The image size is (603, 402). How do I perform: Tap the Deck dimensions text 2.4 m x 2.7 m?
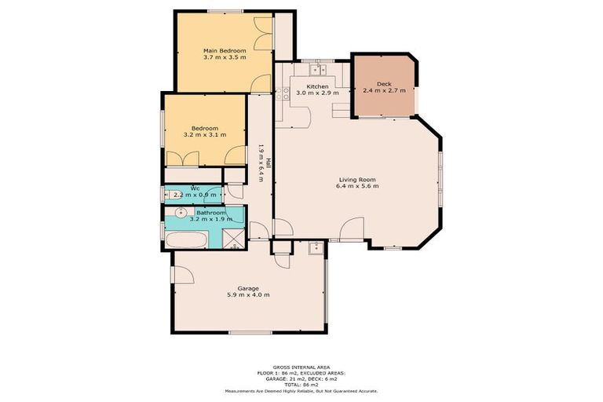(x=384, y=90)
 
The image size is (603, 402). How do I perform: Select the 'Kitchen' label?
(x=317, y=86)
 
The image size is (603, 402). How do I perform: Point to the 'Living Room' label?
(x=357, y=179)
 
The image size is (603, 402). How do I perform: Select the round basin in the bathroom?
(x=181, y=213)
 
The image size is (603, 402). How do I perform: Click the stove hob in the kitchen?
(x=285, y=93)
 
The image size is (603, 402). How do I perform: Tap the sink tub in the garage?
(x=315, y=250)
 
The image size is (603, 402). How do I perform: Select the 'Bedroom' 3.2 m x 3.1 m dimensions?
(x=204, y=135)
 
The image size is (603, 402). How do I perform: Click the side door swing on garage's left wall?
(x=183, y=274)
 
